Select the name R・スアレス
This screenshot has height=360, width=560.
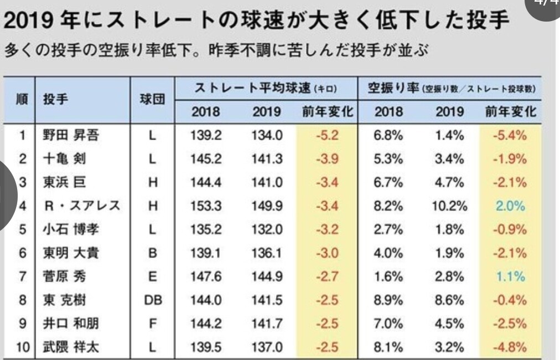click(82, 206)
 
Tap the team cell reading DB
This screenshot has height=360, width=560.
click(153, 300)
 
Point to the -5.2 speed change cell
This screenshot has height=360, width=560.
click(327, 135)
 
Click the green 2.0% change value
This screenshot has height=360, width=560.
click(510, 206)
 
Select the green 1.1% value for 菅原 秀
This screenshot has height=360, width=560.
click(510, 276)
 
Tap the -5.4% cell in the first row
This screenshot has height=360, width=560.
click(510, 135)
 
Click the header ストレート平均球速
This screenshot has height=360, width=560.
click(252, 88)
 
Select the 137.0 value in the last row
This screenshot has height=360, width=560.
click(267, 347)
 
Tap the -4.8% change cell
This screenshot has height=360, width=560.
click(510, 347)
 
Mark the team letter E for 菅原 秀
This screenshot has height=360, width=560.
click(153, 276)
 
